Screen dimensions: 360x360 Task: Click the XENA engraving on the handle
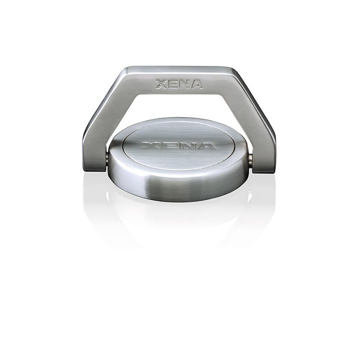pyautogui.click(x=179, y=84)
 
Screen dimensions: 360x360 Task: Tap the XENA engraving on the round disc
pyautogui.click(x=179, y=146)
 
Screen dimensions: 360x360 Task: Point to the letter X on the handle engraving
pyautogui.click(x=162, y=84)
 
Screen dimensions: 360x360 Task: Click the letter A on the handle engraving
pyautogui.click(x=197, y=84)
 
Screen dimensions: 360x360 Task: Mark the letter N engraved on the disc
pyautogui.click(x=187, y=146)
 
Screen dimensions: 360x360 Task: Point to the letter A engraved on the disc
pyautogui.click(x=206, y=146)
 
